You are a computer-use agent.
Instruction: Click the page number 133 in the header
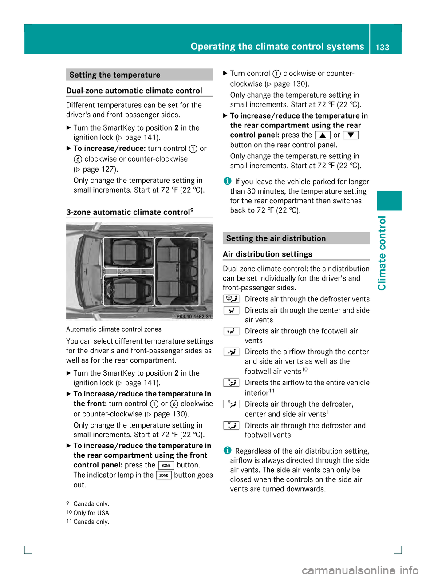(x=382, y=47)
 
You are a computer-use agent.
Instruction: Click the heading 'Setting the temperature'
(x=115, y=75)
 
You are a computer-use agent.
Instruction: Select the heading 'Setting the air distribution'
(x=276, y=238)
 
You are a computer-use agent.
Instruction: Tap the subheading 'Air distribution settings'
(x=268, y=254)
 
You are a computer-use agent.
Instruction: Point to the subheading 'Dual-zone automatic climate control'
(x=134, y=91)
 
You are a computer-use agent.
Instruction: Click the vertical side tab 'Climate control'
(x=382, y=253)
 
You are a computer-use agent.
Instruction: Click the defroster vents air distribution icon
(x=231, y=299)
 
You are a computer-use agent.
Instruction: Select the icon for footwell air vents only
(x=231, y=331)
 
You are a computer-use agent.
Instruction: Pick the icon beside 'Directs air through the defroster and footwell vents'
(x=231, y=426)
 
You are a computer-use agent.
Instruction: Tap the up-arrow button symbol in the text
(x=323, y=135)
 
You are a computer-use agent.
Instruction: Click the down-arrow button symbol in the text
(x=351, y=135)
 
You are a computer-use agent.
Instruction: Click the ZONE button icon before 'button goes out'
(x=164, y=475)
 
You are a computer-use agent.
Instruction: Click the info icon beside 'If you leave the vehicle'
(x=227, y=181)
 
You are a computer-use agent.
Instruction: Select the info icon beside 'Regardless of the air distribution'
(x=227, y=451)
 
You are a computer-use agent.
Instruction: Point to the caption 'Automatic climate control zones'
(x=114, y=329)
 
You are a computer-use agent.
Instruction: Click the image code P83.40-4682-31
(x=194, y=317)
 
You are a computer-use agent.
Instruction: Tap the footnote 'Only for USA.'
(x=92, y=513)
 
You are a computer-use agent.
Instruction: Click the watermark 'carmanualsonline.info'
(x=360, y=570)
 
